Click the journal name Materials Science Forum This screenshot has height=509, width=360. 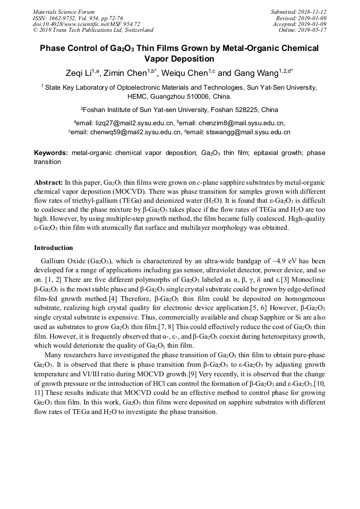[x=64, y=12]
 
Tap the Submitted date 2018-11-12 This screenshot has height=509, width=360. [x=312, y=12]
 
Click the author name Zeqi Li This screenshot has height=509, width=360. [x=85, y=73]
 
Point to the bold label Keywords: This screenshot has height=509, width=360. [x=50, y=153]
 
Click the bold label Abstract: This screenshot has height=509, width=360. [x=48, y=182]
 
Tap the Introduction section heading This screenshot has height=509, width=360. [x=54, y=248]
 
